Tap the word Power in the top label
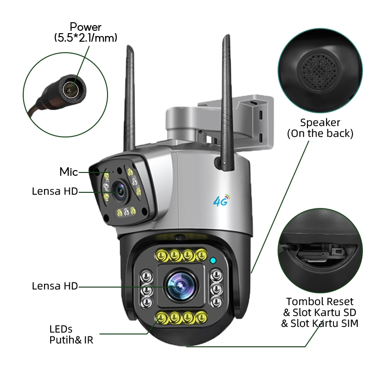[85, 27]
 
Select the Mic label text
[68, 172]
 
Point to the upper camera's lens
[119, 191]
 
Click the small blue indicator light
[214, 260]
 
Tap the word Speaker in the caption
[320, 123]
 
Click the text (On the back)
[320, 134]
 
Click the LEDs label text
[61, 329]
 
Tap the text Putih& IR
[72, 339]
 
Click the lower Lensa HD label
[54, 286]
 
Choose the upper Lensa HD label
[54, 191]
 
